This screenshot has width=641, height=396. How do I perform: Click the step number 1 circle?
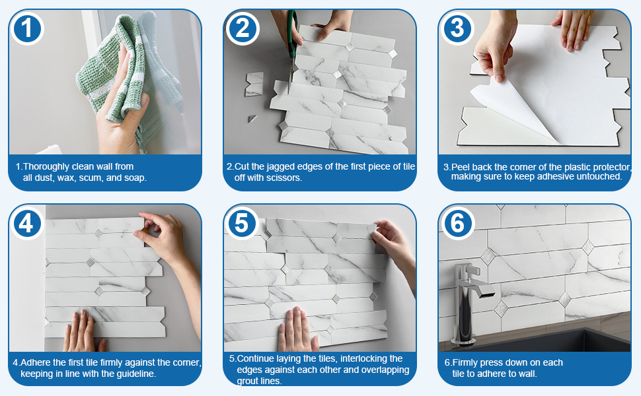pos(27,27)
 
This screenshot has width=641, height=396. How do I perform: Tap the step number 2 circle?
pos(243,27)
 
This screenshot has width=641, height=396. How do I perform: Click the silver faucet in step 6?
pos(466,297)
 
